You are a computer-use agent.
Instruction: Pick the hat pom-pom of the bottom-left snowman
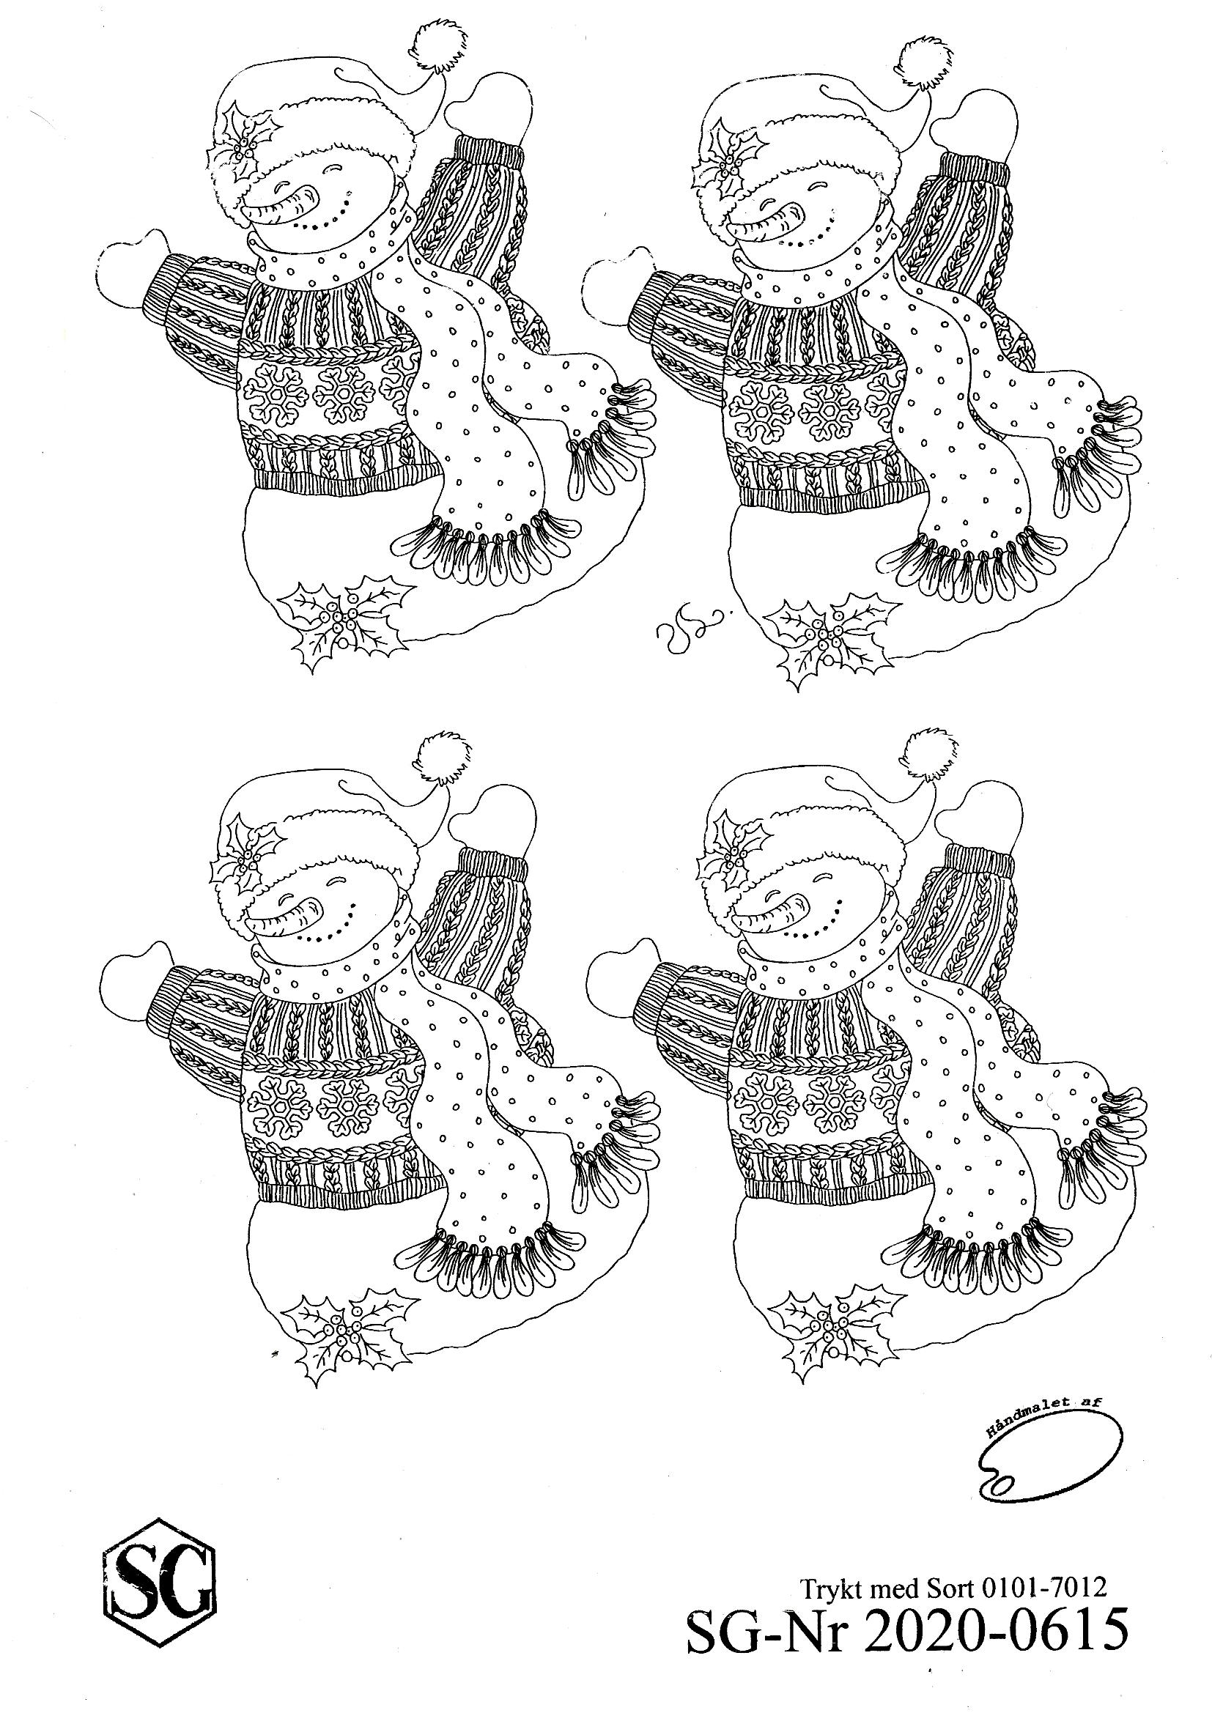tap(446, 758)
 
